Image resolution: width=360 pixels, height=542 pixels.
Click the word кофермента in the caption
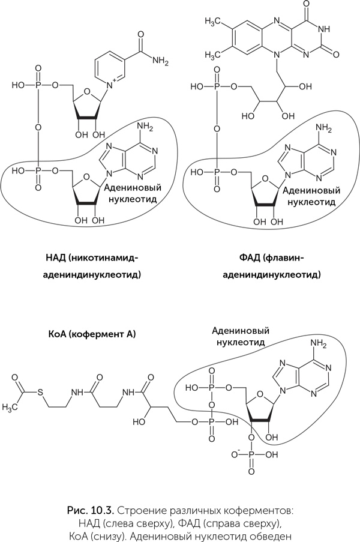point(259,511)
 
